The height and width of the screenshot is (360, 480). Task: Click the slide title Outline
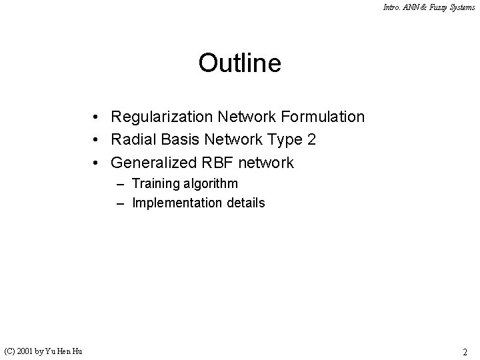pyautogui.click(x=239, y=63)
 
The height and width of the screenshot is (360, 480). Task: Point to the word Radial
pyautogui.click(x=132, y=140)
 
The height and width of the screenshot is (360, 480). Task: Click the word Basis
pyautogui.click(x=176, y=140)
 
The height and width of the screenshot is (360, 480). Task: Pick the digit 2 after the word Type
pyautogui.click(x=312, y=140)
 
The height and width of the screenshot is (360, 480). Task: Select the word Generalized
pyautogui.click(x=154, y=163)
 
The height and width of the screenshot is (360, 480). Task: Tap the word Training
pyautogui.click(x=156, y=183)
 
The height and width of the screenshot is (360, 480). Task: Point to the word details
pyautogui.click(x=243, y=203)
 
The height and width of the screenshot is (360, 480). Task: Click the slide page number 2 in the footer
pyautogui.click(x=466, y=351)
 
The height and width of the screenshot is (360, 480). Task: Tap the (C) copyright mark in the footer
pyautogui.click(x=11, y=351)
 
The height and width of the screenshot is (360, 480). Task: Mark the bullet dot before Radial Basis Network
pyautogui.click(x=97, y=140)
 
